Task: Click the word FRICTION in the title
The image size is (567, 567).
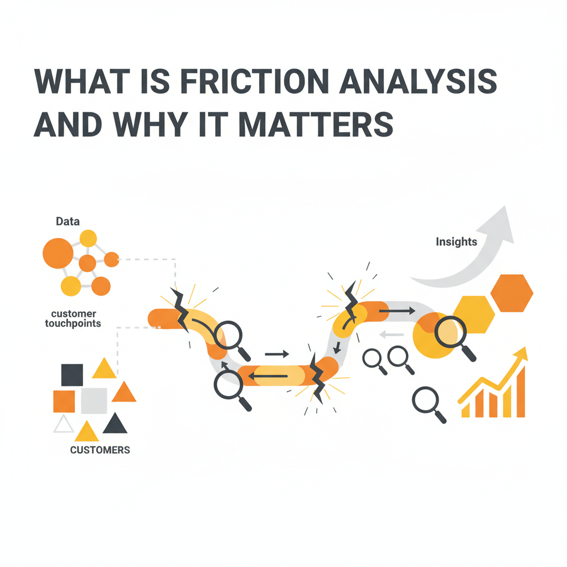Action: (x=255, y=81)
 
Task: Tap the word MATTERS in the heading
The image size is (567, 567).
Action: (x=316, y=125)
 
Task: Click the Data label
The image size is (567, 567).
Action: (x=68, y=221)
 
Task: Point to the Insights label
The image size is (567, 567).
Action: (x=456, y=241)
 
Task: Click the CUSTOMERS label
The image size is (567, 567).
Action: (x=100, y=450)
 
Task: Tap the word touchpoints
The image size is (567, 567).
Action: (x=73, y=323)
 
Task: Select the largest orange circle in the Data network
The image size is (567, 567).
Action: (x=58, y=253)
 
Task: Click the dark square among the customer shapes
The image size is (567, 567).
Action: (x=72, y=375)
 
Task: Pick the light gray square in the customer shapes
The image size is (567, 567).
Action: (x=94, y=401)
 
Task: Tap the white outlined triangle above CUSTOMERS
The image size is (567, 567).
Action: (x=64, y=424)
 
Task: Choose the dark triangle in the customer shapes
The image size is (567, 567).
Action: (x=115, y=423)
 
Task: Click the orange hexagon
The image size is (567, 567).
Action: (x=512, y=293)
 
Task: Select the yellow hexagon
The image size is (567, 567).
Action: (x=474, y=315)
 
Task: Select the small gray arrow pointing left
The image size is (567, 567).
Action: (x=391, y=335)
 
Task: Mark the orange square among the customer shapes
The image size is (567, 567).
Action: (x=64, y=401)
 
